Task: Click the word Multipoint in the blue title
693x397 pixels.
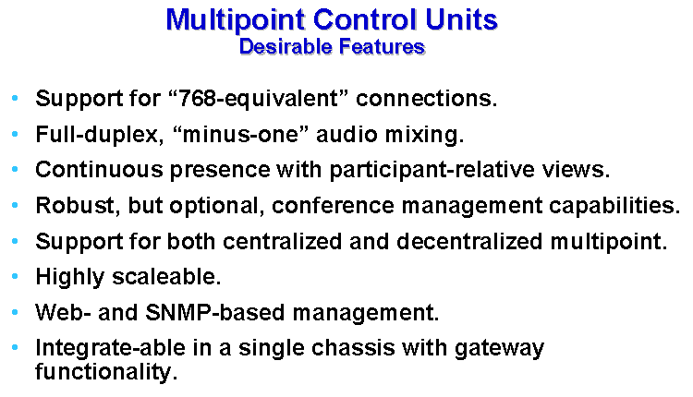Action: (235, 20)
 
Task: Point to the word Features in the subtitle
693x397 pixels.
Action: (382, 46)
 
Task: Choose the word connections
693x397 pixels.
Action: (427, 98)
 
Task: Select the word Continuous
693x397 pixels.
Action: (100, 170)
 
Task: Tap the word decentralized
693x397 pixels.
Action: (469, 242)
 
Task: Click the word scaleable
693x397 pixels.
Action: (166, 277)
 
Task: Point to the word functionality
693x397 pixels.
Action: (106, 372)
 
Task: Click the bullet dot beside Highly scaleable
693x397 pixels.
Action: (15, 277)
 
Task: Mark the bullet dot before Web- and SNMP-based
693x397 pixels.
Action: (15, 313)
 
